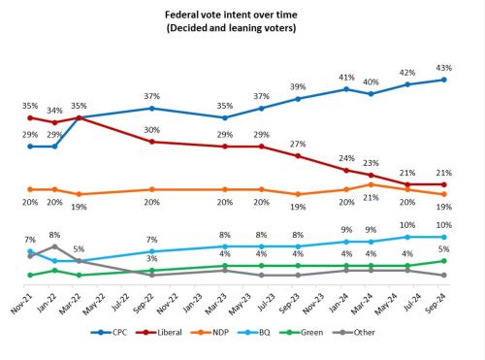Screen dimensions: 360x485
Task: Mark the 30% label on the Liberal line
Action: (152, 129)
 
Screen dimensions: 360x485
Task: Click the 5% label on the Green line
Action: (444, 249)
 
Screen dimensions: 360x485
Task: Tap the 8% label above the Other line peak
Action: (55, 234)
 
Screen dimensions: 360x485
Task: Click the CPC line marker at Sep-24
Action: (444, 80)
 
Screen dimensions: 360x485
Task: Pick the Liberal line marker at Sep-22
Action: (152, 142)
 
